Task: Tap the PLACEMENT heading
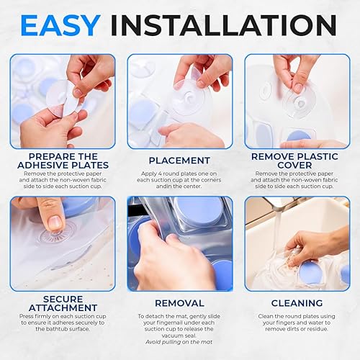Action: click(x=180, y=160)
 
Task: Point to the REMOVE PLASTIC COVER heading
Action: click(x=298, y=160)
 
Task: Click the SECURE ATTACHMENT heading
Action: click(x=61, y=303)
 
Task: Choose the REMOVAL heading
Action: click(x=180, y=303)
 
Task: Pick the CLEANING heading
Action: click(x=298, y=303)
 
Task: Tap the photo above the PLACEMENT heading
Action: click(x=180, y=101)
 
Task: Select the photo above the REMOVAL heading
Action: click(x=180, y=243)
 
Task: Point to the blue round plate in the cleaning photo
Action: click(x=310, y=273)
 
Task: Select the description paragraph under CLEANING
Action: click(x=298, y=326)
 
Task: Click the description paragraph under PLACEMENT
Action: click(x=180, y=179)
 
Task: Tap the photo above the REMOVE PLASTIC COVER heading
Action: click(x=298, y=101)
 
